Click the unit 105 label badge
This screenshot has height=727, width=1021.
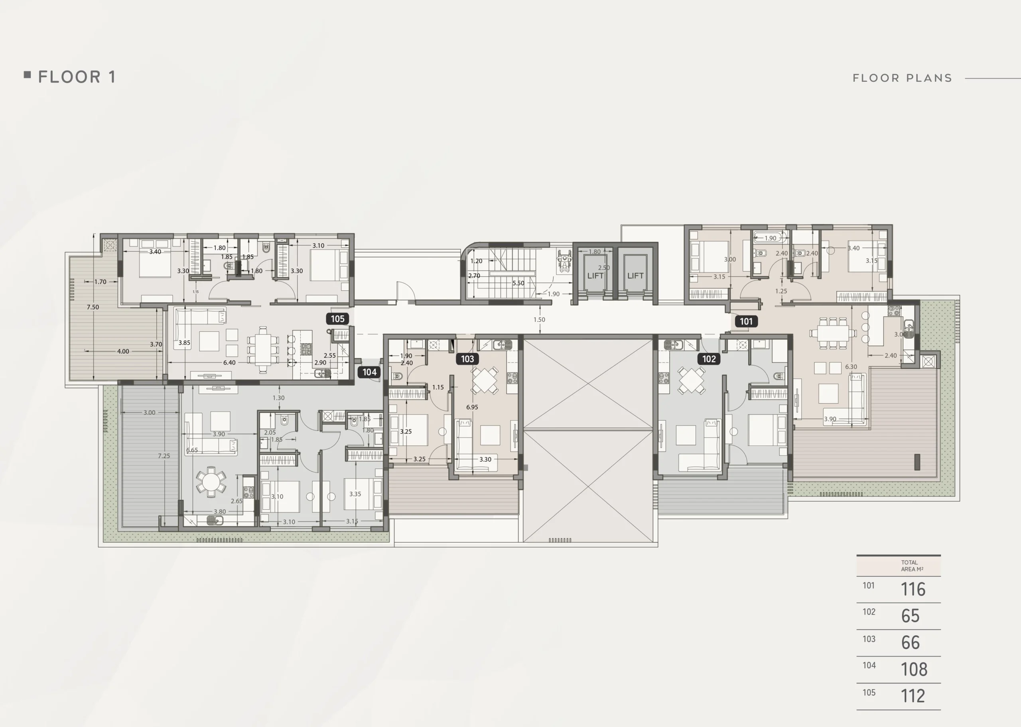coord(337,319)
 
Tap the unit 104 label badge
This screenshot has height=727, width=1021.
coord(369,372)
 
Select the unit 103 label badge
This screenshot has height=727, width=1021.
coord(467,359)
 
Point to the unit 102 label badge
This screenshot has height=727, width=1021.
coord(709,359)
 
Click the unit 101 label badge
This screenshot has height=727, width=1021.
coord(746,321)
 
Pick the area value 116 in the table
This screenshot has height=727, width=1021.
coord(913,589)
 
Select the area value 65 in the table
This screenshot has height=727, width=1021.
coord(911,616)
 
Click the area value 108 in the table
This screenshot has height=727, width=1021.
coord(914,669)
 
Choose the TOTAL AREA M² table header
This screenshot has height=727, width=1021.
coord(912,566)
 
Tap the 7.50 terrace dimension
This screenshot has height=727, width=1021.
coord(93,307)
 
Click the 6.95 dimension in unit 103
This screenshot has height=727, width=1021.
coord(472,407)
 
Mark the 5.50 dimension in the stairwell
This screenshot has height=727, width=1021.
coord(518,283)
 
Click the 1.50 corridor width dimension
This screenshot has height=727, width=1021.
coord(539,319)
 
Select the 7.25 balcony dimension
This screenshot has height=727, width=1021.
coord(164,456)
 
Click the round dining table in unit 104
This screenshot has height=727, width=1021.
coord(211,482)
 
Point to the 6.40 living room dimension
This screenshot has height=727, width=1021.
coord(229,363)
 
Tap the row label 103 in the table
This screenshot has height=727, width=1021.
coord(869,639)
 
